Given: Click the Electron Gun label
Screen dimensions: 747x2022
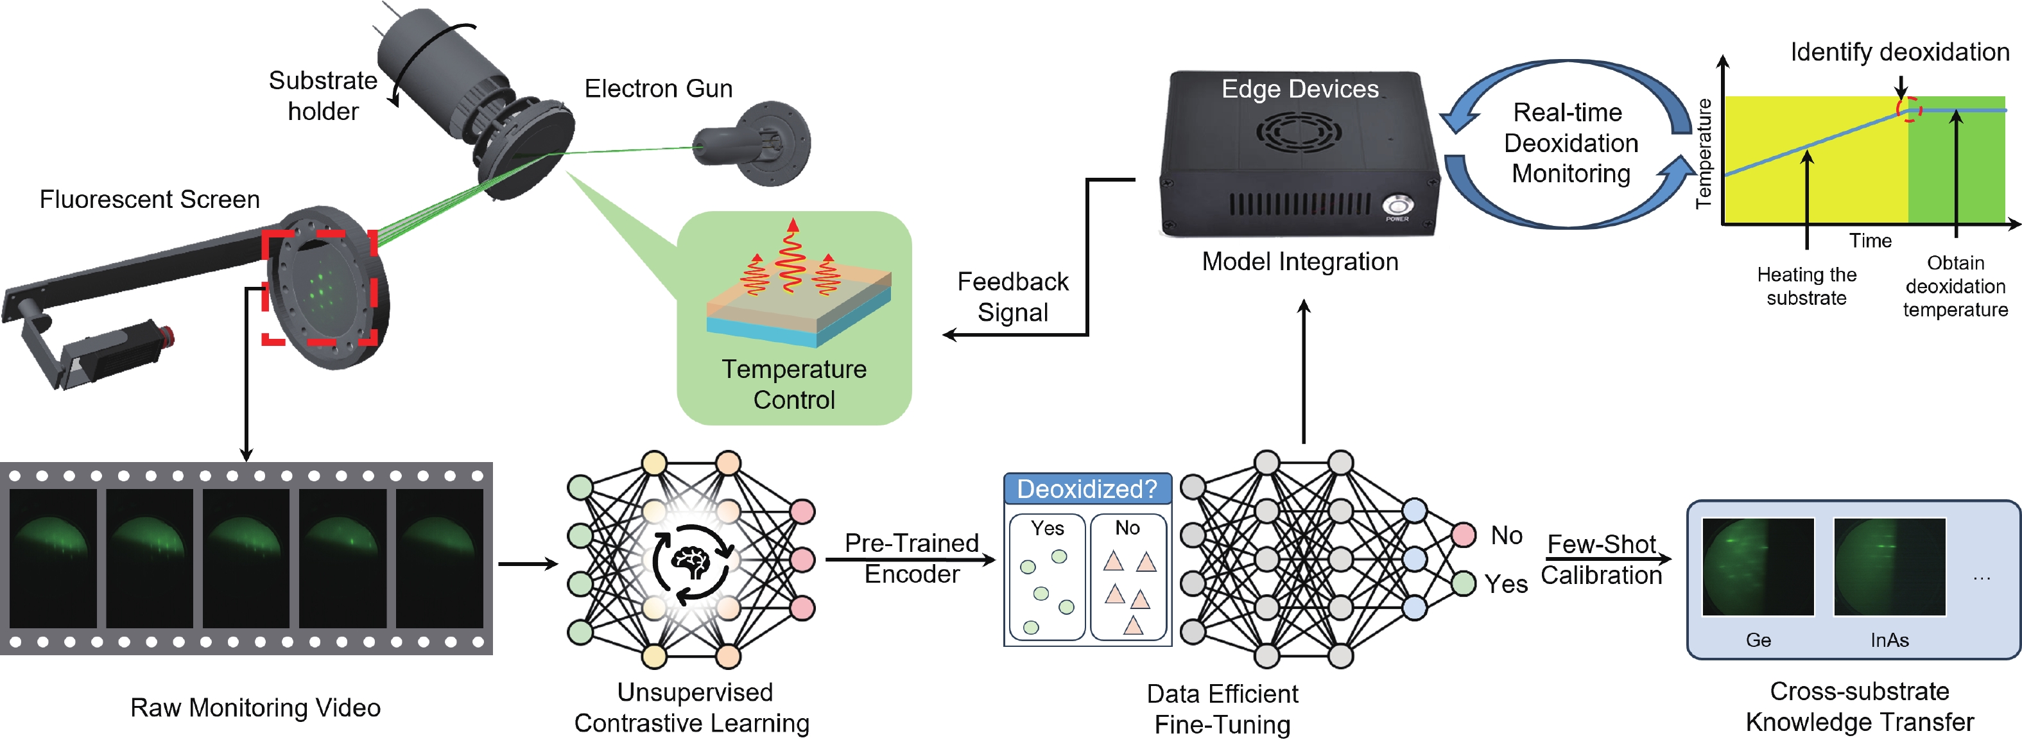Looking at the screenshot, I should tap(658, 89).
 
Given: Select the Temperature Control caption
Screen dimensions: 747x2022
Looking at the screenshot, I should tap(793, 384).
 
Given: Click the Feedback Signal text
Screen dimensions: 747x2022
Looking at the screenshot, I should tap(1012, 296).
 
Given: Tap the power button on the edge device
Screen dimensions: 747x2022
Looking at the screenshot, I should tap(1397, 205).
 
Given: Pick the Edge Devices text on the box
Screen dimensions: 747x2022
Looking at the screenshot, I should tap(1300, 89).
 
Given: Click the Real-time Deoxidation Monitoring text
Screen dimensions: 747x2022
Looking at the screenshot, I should tap(1570, 143).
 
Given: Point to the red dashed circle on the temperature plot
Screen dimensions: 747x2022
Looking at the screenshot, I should tap(1909, 109).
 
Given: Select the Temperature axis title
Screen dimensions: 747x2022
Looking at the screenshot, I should tap(1704, 153).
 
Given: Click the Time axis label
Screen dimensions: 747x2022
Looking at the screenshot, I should tap(1870, 240).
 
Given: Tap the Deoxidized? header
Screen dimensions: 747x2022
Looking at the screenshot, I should tap(1087, 489).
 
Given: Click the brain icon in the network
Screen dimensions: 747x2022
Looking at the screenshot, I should tap(691, 560).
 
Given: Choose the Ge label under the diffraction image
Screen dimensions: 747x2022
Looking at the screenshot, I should tap(1758, 639).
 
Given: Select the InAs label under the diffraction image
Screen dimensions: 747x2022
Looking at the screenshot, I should tap(1889, 639).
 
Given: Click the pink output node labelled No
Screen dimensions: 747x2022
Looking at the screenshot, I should tap(1463, 535).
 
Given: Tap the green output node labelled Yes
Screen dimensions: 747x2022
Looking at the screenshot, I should tap(1463, 584).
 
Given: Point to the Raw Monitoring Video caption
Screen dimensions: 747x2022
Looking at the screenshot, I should tap(255, 707).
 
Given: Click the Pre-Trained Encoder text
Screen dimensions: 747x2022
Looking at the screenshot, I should tap(912, 558).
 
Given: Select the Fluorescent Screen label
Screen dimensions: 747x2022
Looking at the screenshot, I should tap(149, 200).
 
